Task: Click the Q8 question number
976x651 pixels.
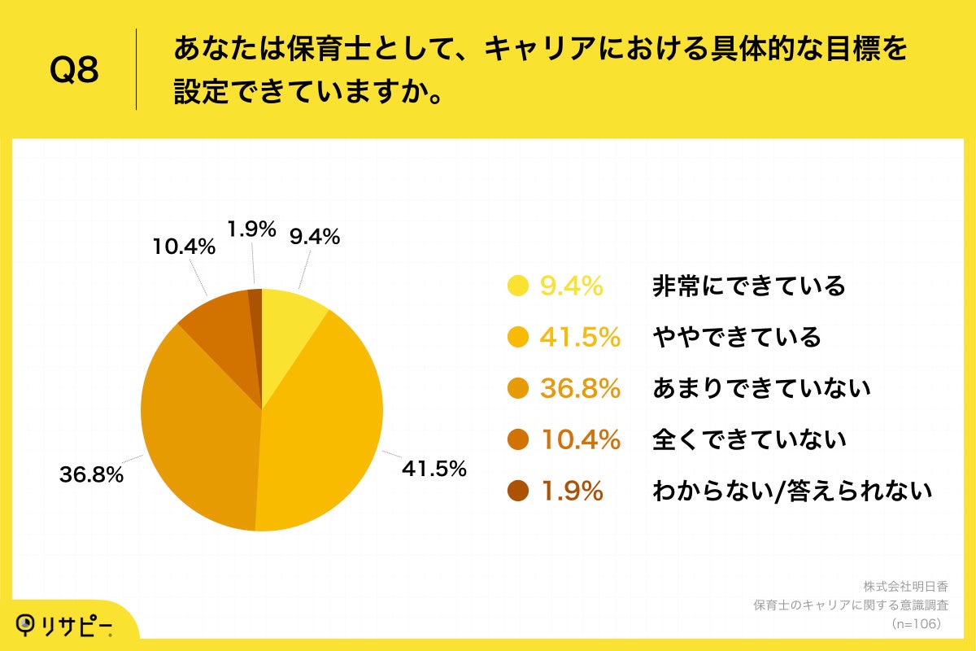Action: (x=74, y=70)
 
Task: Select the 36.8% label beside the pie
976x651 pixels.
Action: (x=91, y=475)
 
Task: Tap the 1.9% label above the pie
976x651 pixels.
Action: (x=251, y=230)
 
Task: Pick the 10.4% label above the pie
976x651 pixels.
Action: (x=184, y=247)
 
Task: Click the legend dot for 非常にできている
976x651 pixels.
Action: (x=517, y=286)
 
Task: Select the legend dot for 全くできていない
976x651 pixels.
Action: (x=517, y=439)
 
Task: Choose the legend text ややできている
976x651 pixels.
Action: (x=736, y=337)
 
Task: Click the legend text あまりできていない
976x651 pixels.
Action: (x=761, y=388)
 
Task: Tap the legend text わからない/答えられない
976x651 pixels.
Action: (x=791, y=491)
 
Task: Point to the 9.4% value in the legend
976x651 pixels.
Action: (x=571, y=286)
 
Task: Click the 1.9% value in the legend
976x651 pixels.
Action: (x=571, y=491)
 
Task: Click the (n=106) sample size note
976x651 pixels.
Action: (x=916, y=623)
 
